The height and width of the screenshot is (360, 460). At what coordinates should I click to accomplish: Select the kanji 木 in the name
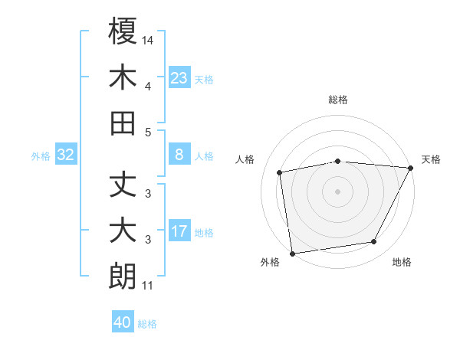tap(123, 77)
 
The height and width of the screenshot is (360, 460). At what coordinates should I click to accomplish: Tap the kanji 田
tap(123, 123)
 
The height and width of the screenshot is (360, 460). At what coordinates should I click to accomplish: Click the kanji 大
tap(123, 231)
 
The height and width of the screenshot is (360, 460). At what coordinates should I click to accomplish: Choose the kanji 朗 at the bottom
tap(123, 277)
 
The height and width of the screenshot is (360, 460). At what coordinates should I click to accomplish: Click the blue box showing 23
tap(179, 77)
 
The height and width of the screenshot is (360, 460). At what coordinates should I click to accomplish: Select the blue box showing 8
tap(179, 155)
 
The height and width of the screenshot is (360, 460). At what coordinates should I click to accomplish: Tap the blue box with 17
tap(179, 231)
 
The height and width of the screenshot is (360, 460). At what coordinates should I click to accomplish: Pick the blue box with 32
tap(66, 155)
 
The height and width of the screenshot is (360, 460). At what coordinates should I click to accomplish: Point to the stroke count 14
tap(148, 40)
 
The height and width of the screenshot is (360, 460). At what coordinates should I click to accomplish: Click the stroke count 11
tap(148, 286)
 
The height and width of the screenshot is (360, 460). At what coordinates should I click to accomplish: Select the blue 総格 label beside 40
tap(147, 324)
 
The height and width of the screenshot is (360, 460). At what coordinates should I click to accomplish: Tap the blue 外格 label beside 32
tap(41, 156)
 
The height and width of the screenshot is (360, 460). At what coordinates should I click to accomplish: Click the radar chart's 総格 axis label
tap(338, 100)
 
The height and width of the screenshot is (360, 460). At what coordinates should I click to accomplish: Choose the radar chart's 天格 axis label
tap(432, 159)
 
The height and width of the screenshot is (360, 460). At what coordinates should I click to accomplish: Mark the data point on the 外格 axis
tap(292, 253)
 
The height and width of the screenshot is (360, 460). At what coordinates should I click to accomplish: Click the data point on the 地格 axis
tap(374, 242)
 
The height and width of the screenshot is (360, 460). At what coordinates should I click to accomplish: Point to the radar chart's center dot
tap(338, 191)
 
